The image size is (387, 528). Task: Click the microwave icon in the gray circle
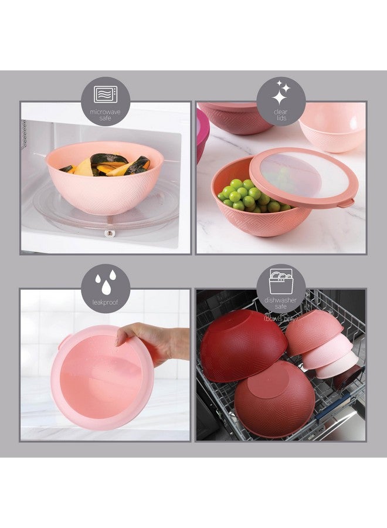coord(106,94)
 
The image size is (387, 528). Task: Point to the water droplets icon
coord(106,282)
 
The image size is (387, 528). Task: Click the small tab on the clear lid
coord(348,202)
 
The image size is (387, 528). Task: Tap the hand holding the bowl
coord(147,340)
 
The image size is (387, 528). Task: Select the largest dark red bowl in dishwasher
coord(242,346)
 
